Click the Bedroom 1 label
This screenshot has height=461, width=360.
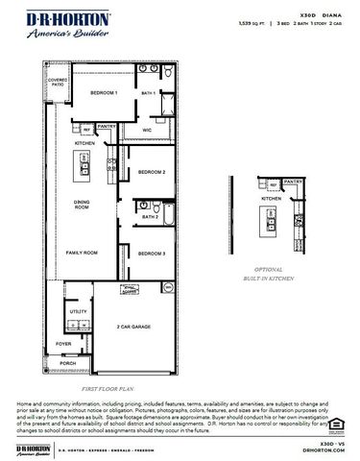104,93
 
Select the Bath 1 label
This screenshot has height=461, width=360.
149,93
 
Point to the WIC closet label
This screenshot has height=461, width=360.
147,130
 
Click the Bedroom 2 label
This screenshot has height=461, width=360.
152,172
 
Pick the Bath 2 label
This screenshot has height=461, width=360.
149,217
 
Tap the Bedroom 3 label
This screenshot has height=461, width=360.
152,254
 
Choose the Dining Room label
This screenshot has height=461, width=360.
83,206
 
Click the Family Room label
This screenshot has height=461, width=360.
82,254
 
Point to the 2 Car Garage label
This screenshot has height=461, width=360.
133,328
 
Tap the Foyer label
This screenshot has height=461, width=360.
63,343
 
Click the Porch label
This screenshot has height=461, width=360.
67,363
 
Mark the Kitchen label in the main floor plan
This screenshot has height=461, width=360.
84,143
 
